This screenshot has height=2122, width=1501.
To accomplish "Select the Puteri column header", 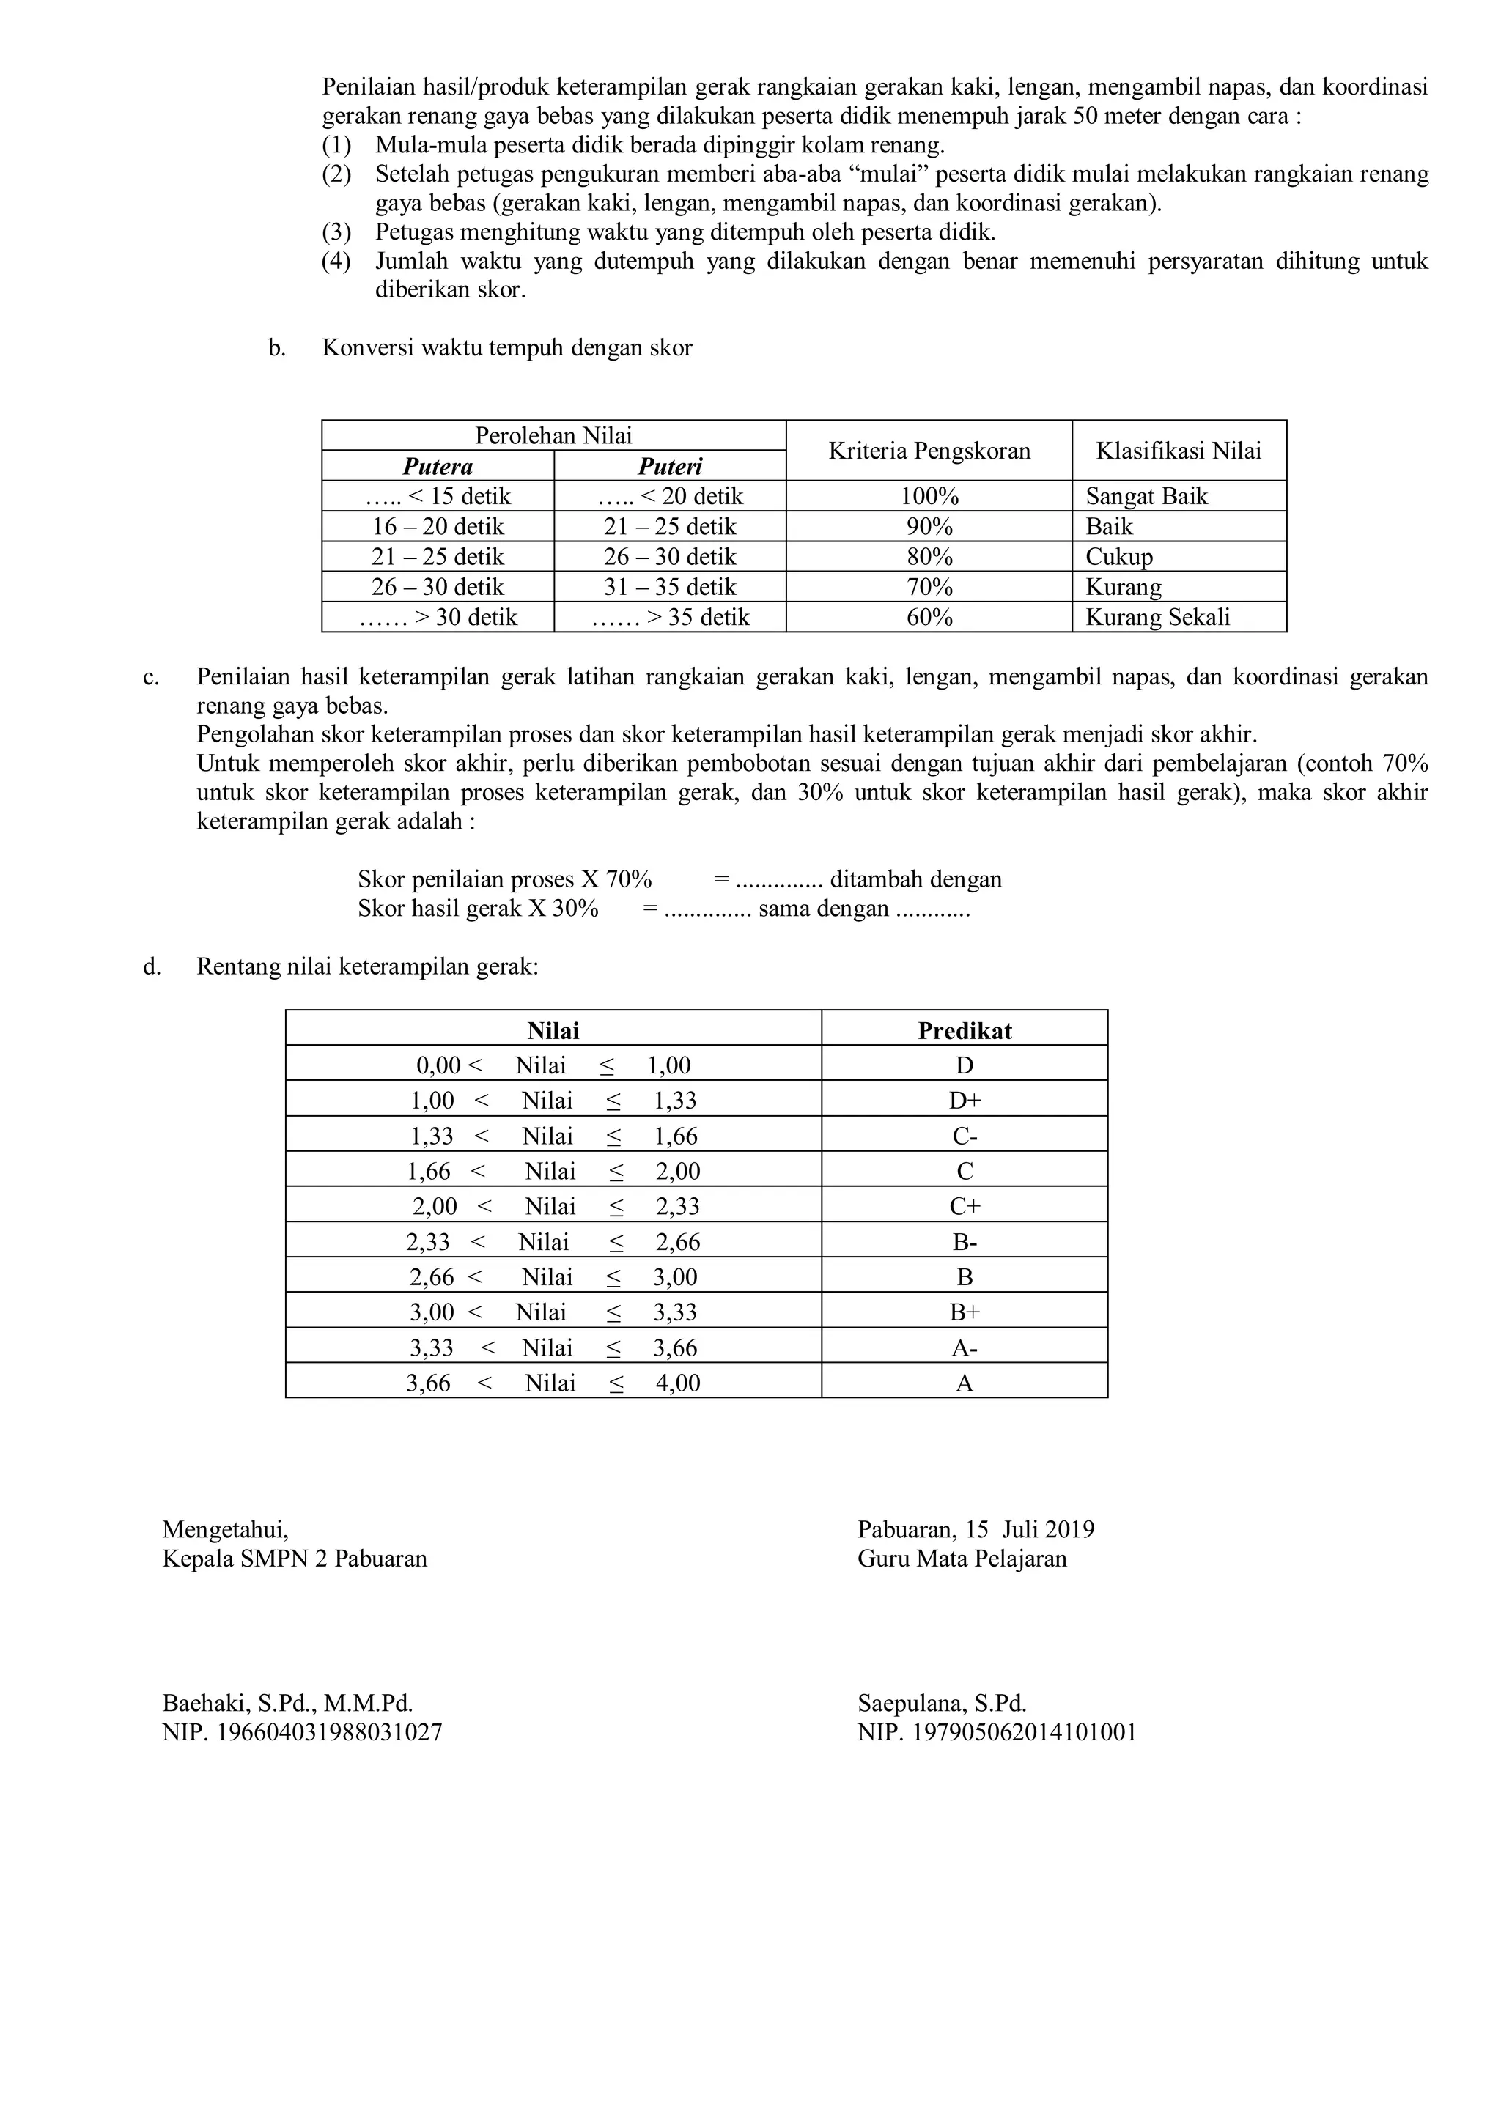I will pos(670,466).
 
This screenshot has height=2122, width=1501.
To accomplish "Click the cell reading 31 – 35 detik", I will pos(670,587).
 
